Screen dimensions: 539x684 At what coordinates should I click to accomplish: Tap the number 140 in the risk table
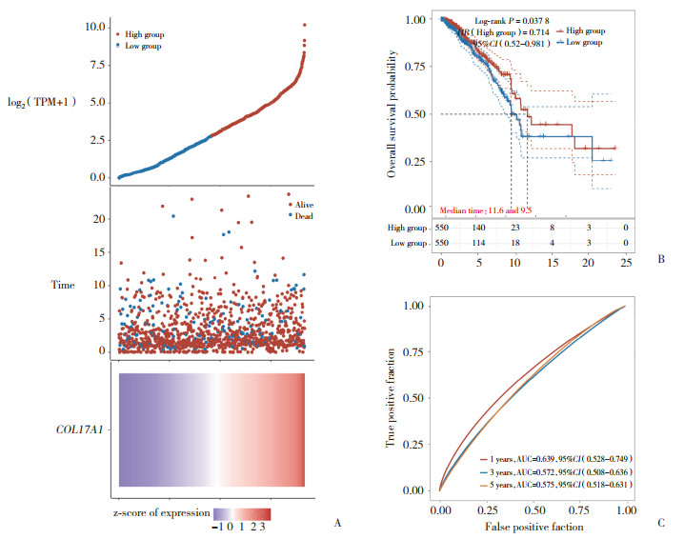click(x=479, y=229)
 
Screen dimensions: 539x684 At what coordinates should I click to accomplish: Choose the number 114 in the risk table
click(x=479, y=244)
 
